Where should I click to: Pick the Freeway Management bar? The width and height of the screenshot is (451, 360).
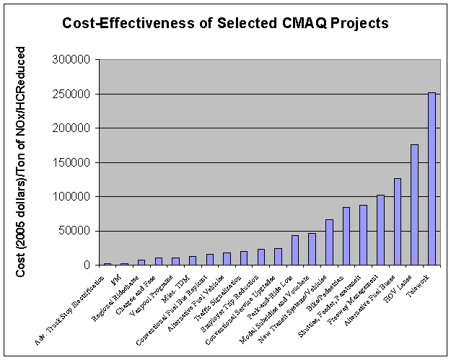380,230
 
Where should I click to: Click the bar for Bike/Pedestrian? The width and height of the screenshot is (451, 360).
346,236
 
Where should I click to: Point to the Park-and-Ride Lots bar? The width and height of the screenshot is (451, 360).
295,250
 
